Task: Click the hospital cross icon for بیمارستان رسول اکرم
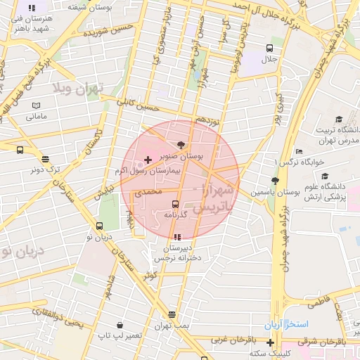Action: pyautogui.click(x=148, y=160)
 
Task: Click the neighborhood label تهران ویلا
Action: pyautogui.click(x=77, y=89)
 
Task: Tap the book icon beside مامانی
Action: pyautogui.click(x=36, y=106)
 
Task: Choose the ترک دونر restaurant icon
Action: pyautogui.click(x=46, y=159)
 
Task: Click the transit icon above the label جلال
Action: pyautogui.click(x=269, y=48)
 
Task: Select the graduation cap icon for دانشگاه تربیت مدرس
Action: pyautogui.click(x=340, y=120)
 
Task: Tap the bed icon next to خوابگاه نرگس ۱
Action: pyautogui.click(x=300, y=151)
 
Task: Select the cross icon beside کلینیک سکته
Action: pyautogui.click(x=271, y=342)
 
